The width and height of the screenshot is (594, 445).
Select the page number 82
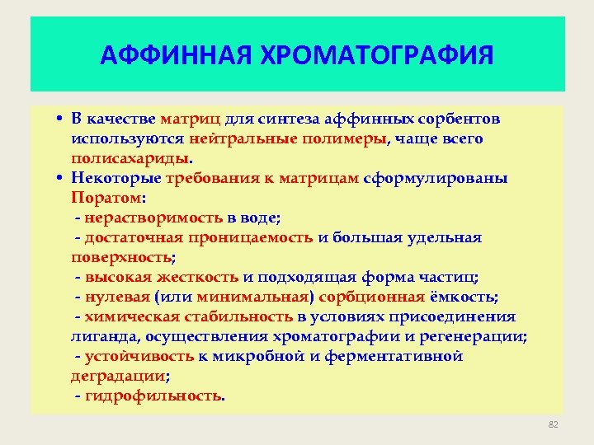click(554, 424)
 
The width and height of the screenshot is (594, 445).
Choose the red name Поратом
click(106, 198)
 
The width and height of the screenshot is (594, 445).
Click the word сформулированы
click(445, 178)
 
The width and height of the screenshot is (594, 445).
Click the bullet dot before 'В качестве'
click(61, 119)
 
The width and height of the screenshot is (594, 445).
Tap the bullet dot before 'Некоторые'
click(61, 178)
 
